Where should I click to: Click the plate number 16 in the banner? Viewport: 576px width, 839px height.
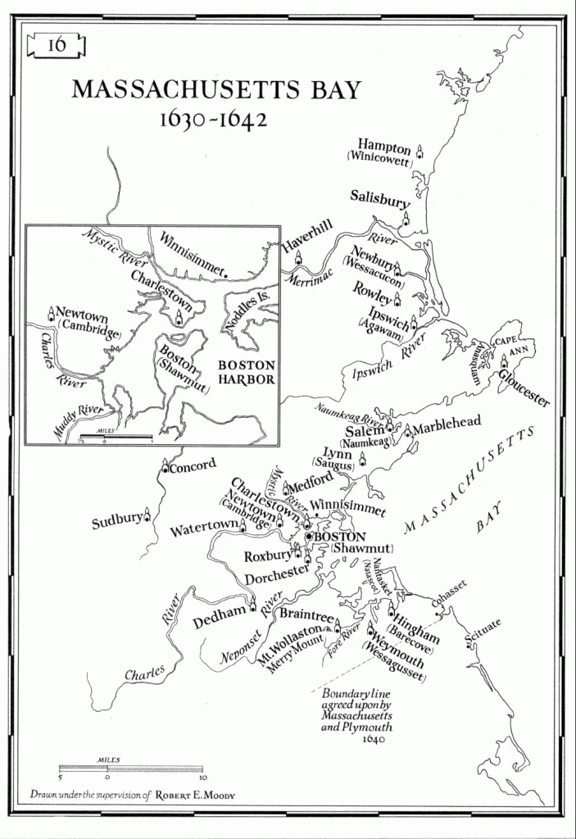pyautogui.click(x=57, y=44)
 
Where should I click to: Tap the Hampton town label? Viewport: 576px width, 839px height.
pyautogui.click(x=383, y=147)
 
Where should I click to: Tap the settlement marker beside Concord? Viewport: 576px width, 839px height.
pyautogui.click(x=164, y=468)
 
